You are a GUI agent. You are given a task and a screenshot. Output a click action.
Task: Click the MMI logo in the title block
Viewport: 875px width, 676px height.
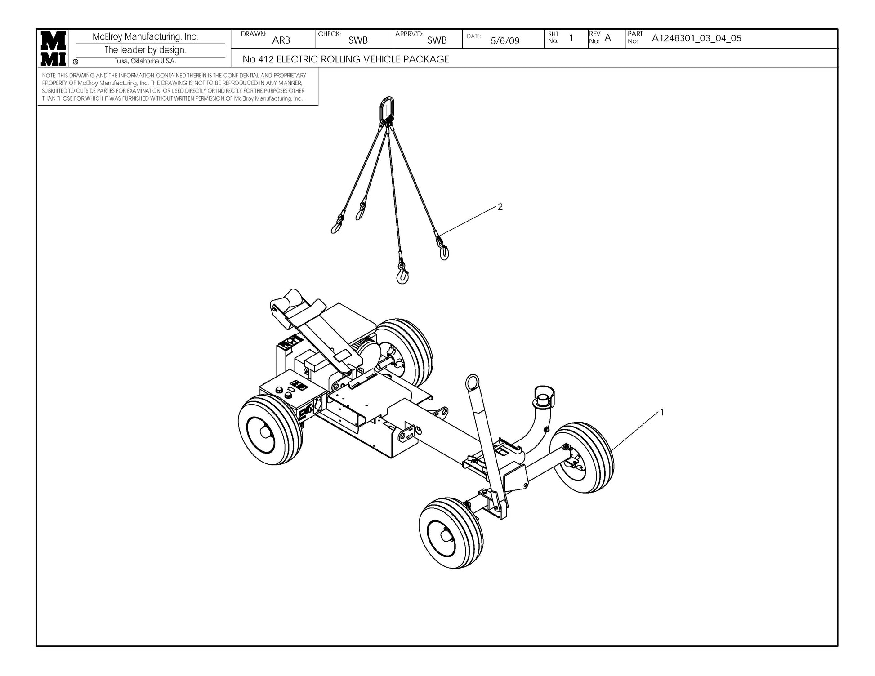click(x=54, y=48)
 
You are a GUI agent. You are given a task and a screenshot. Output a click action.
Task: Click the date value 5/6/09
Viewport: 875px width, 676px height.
click(x=504, y=41)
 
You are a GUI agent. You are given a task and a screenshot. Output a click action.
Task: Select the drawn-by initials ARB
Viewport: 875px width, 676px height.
click(x=281, y=40)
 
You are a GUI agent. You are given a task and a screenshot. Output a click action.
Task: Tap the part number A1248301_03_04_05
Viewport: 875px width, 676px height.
click(x=696, y=38)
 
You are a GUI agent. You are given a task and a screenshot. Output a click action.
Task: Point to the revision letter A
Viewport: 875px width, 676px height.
click(x=608, y=38)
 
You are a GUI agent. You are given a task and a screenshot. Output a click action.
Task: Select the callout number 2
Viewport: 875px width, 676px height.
click(x=500, y=207)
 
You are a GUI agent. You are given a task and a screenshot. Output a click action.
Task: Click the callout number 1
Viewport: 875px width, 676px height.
click(x=661, y=412)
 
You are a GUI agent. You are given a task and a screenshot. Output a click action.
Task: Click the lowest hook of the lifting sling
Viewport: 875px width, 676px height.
click(x=402, y=274)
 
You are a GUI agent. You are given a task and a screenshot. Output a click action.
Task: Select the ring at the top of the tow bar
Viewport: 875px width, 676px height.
click(x=473, y=382)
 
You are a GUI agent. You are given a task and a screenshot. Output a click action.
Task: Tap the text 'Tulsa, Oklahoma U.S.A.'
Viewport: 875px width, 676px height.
click(x=145, y=62)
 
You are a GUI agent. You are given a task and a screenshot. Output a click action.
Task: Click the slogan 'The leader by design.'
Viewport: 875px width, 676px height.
click(x=145, y=50)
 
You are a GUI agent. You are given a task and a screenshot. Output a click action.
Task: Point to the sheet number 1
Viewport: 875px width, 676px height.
click(x=571, y=38)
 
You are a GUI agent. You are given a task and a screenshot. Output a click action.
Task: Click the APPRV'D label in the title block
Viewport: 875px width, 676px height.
click(x=409, y=34)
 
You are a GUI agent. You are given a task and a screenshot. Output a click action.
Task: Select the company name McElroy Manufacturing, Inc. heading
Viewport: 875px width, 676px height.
click(x=145, y=37)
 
